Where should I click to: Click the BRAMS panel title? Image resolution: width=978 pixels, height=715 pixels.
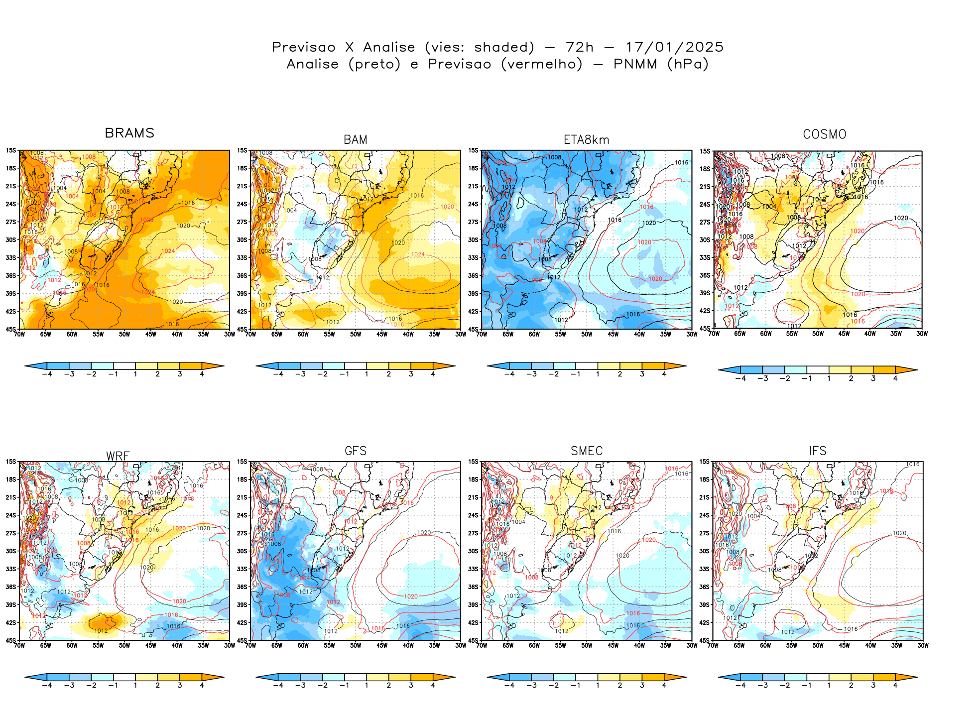point(129,133)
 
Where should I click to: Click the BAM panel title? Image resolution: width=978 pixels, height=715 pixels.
point(356,140)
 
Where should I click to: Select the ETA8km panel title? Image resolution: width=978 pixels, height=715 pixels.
point(586,140)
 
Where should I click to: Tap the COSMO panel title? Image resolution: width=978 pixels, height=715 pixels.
point(825,134)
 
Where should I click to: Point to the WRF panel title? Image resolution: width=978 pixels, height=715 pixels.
point(118,456)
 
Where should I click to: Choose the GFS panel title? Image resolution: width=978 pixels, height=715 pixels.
point(356,451)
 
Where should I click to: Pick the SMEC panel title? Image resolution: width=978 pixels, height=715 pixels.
point(587,451)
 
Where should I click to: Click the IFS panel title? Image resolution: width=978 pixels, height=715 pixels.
point(818,451)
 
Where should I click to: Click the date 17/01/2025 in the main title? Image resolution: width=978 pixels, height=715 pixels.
point(674,47)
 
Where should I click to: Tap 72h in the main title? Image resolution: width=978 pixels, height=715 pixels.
point(580,47)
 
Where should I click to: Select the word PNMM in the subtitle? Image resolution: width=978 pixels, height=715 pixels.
point(635,64)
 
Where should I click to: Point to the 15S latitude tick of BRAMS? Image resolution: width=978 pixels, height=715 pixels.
point(11,150)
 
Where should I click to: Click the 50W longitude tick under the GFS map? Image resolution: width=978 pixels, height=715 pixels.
point(356,646)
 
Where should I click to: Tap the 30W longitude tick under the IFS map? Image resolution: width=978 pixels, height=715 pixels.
point(923,646)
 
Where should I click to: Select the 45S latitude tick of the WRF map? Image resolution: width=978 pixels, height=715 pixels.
point(11,641)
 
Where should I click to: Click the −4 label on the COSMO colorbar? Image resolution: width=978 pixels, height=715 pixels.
point(740,378)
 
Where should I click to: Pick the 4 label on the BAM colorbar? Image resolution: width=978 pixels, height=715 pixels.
point(433,374)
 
